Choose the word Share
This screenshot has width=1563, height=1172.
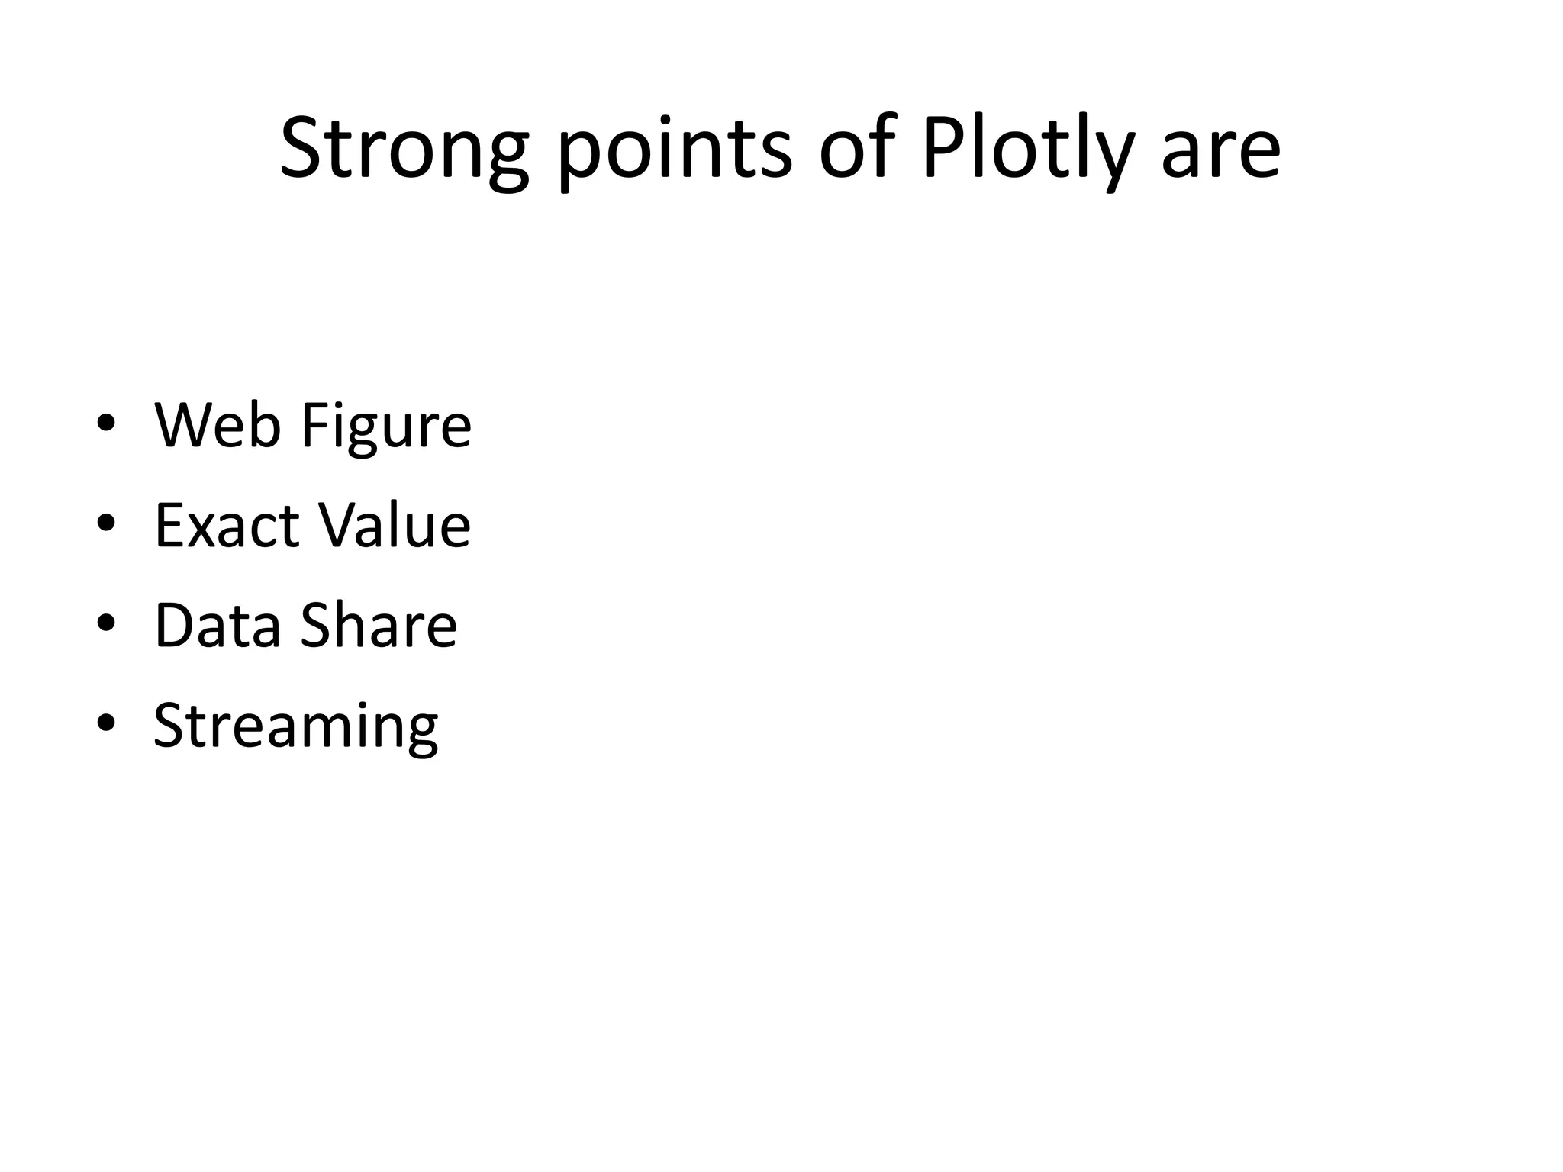click(379, 625)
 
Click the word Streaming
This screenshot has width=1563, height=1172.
click(296, 726)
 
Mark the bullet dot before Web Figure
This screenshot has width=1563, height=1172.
click(106, 423)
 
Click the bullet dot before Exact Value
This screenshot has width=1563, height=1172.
click(106, 523)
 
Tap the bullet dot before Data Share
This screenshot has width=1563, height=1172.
click(106, 623)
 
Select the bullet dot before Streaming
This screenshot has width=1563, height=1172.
click(106, 723)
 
